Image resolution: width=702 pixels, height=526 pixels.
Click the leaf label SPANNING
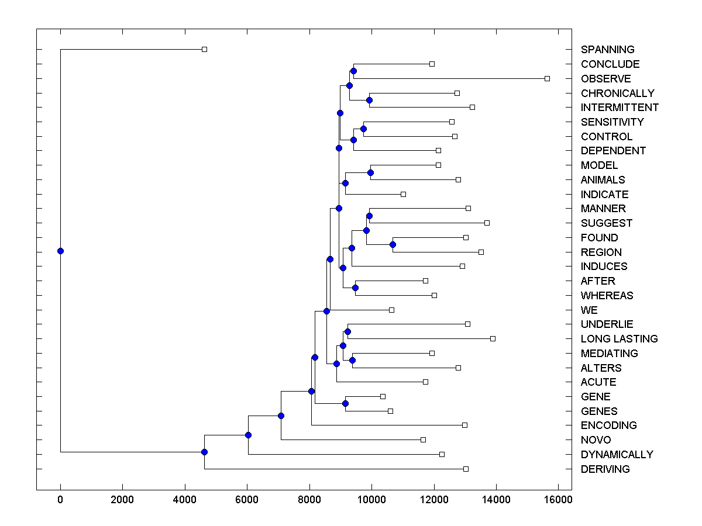point(607,50)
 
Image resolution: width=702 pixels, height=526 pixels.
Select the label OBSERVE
point(605,78)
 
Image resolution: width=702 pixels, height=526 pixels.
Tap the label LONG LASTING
point(619,338)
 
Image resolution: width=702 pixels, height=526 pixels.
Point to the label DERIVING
point(605,469)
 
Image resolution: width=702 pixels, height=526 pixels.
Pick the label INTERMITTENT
point(620,108)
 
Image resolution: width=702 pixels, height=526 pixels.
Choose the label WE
point(589,310)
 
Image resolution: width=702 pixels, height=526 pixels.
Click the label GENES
point(599,411)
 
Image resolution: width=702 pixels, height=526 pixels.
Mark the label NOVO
point(596,440)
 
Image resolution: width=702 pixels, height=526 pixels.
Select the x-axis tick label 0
point(60,499)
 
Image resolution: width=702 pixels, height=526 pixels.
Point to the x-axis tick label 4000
point(185,499)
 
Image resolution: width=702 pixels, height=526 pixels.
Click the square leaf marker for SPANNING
point(204,50)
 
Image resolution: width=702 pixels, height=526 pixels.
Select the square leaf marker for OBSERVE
point(547,78)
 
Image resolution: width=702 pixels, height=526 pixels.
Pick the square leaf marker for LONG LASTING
point(493,338)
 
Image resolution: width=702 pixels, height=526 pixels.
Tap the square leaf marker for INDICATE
point(403,194)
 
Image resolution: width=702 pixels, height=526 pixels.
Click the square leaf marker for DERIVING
point(466,469)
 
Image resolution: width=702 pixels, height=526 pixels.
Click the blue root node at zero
point(60,251)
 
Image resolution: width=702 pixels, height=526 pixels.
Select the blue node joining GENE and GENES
point(345,404)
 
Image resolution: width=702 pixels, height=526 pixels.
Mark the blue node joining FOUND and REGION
point(393,244)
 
